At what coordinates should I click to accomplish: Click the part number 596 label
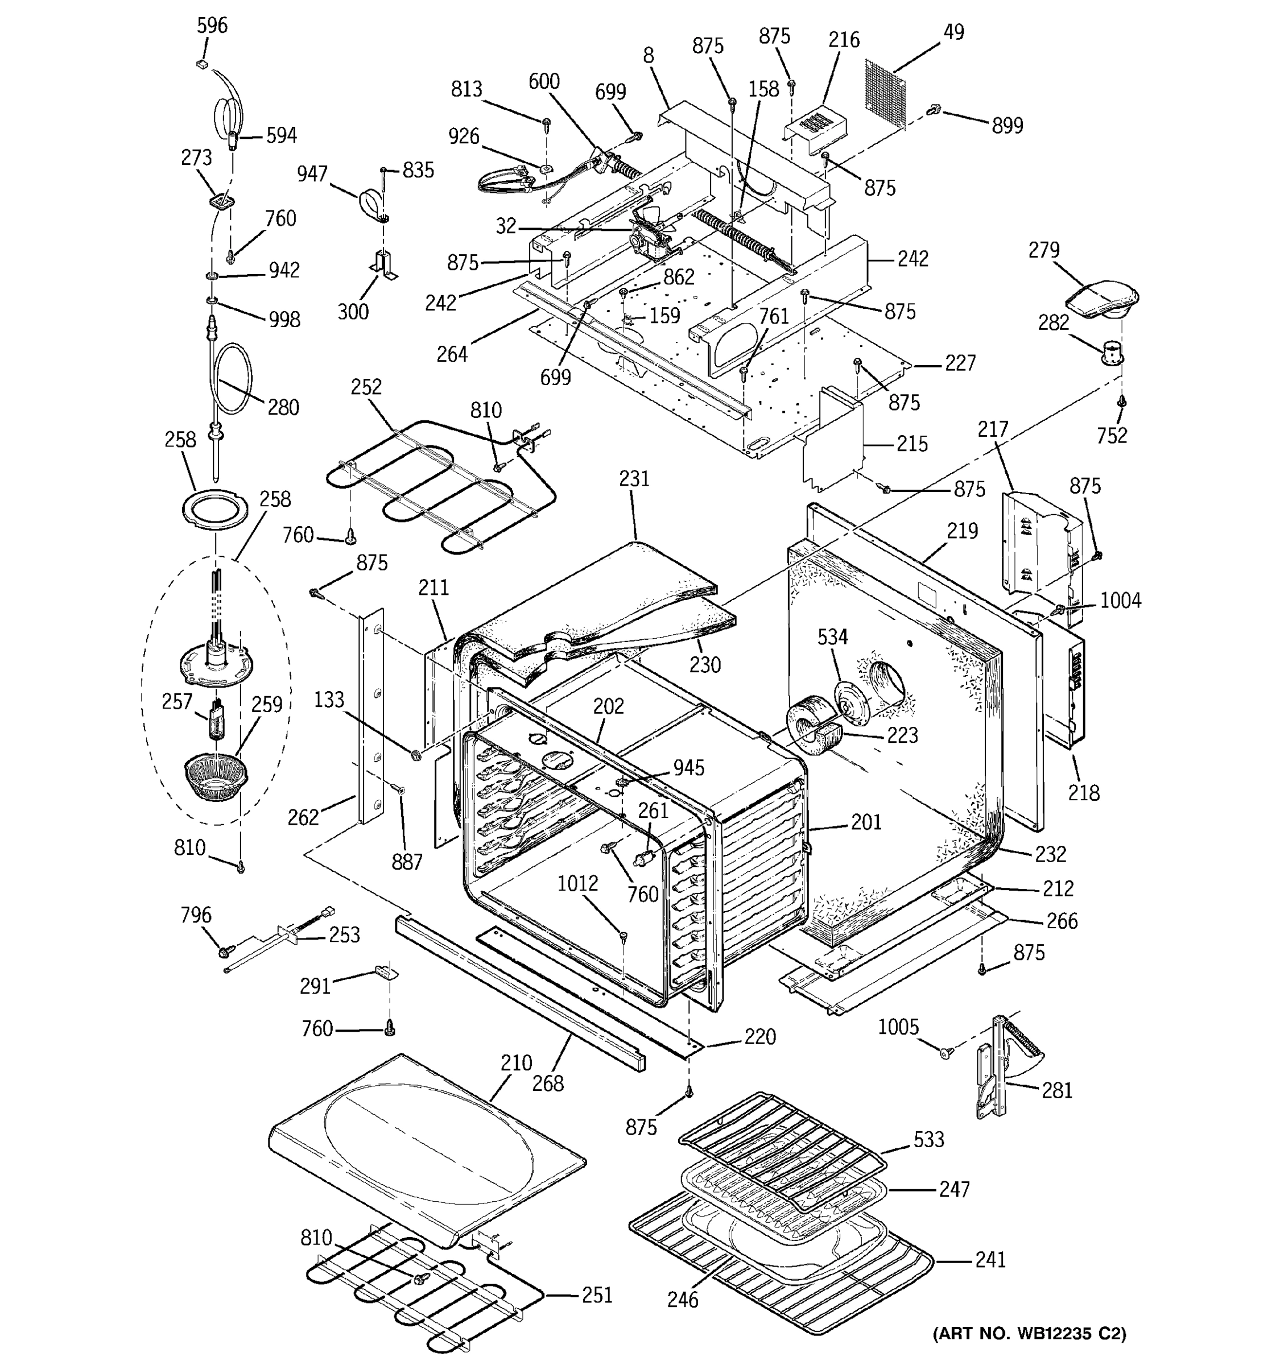click(x=212, y=26)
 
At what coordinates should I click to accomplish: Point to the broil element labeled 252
click(x=426, y=481)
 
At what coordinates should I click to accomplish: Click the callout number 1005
click(x=898, y=1027)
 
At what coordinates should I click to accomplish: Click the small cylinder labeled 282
click(x=1112, y=354)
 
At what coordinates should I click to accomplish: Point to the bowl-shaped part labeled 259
click(x=215, y=776)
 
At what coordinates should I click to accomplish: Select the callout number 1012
click(x=577, y=883)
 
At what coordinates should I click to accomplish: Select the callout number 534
click(x=832, y=637)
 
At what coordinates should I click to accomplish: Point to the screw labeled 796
click(x=225, y=952)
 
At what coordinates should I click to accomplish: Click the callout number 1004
click(x=1120, y=601)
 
